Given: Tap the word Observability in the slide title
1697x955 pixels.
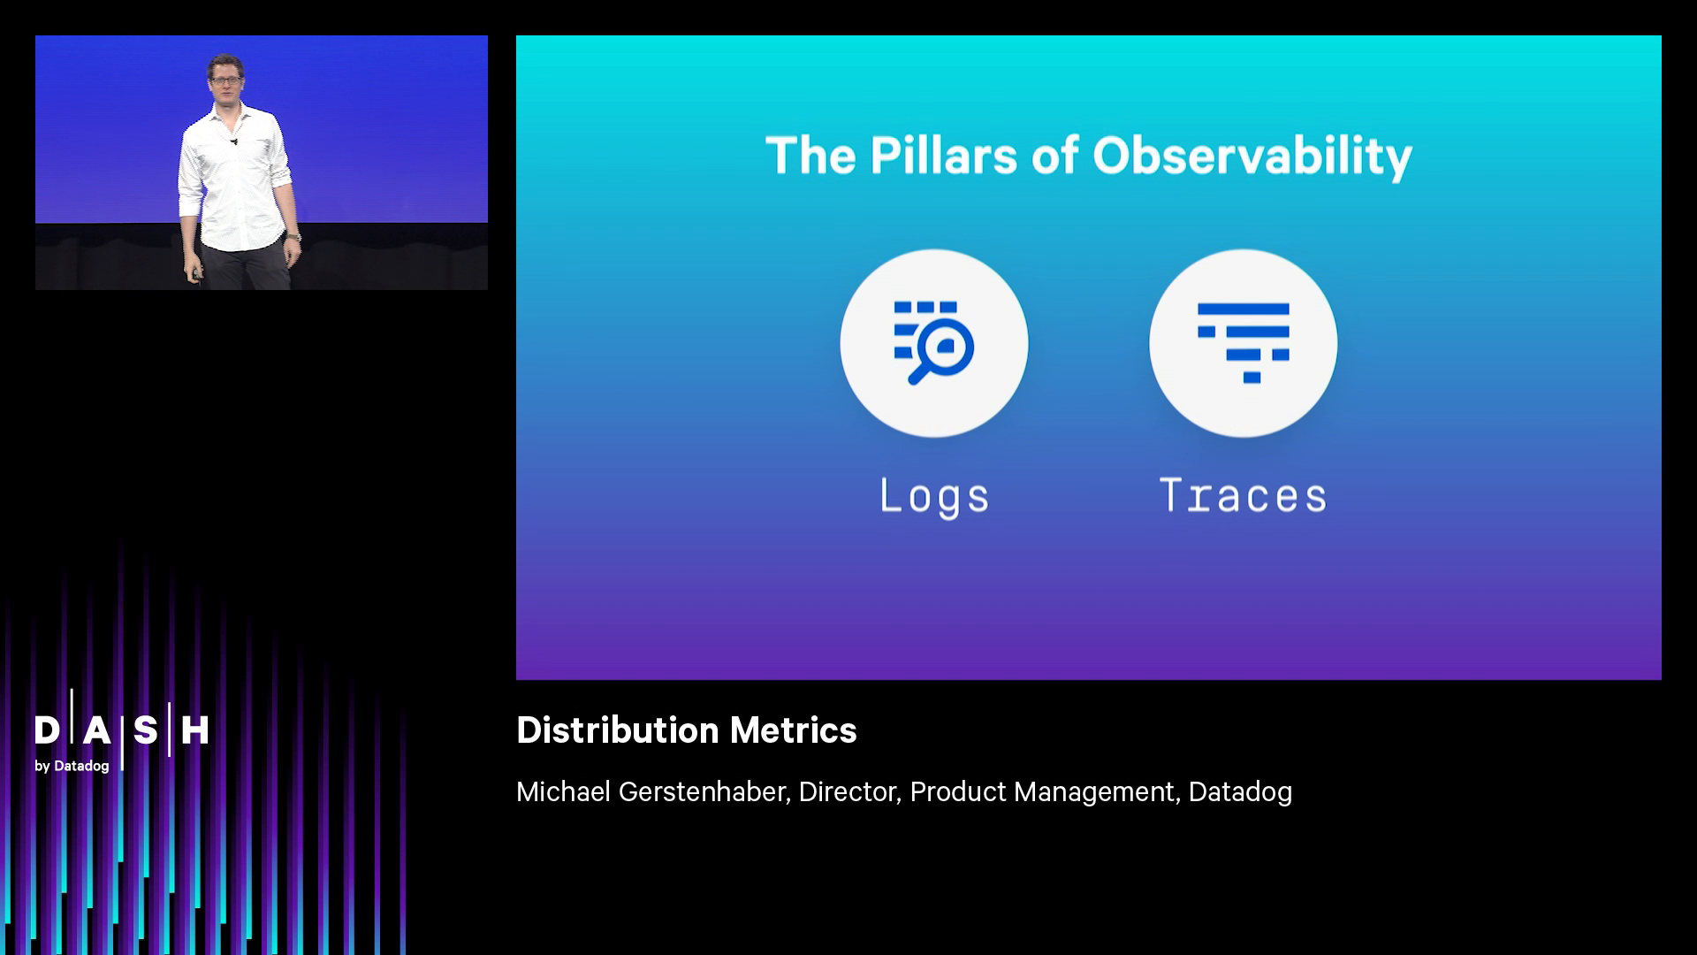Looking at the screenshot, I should pos(1252,157).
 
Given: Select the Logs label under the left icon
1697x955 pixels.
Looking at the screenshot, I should pos(934,496).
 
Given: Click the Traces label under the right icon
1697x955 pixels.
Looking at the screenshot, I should pos(1243,496).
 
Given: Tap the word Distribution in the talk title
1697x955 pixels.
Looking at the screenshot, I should pos(617,730).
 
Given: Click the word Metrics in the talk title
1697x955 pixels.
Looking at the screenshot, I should pos(793,730).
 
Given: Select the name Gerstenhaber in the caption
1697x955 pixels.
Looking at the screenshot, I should pos(702,791).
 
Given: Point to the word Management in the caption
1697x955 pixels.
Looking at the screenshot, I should pos(1096,791).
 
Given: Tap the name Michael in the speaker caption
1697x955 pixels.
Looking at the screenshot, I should pos(563,791).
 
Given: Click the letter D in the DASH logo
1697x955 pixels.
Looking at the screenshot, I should pos(47,730).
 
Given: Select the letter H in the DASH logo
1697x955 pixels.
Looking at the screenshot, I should pos(194,730).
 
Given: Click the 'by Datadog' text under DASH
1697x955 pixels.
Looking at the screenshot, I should pos(72,766).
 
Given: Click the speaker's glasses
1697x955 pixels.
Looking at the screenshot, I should pos(225,80).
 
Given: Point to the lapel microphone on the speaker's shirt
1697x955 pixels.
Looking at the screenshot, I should pos(234,141).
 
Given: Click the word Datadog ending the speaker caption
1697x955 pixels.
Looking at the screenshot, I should pos(1240,791).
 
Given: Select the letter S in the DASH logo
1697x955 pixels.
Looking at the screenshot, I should pos(145,730).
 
